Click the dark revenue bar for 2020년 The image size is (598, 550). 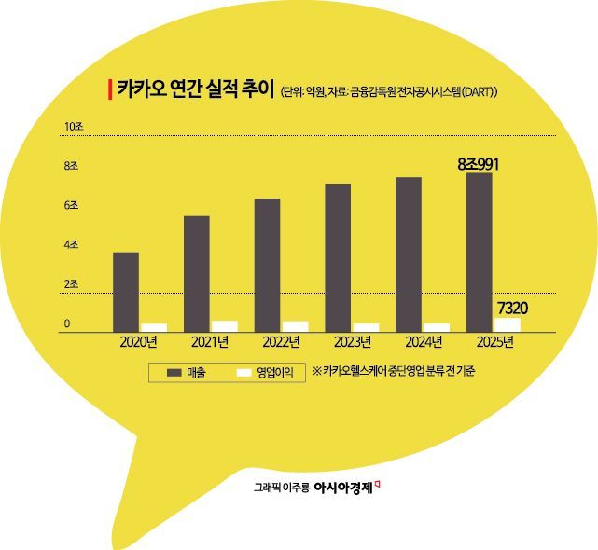(126, 291)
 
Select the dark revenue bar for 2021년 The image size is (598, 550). (196, 273)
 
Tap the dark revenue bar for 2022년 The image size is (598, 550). (267, 265)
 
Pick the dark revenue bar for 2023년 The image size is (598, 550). (338, 257)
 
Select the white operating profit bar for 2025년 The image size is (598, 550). (508, 324)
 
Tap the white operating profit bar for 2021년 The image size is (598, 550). (225, 325)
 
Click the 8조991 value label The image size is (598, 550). (479, 164)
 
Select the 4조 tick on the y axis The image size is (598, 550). (71, 244)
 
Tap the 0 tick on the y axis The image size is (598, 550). (67, 323)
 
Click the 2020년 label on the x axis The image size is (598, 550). (139, 342)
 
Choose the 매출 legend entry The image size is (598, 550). (187, 372)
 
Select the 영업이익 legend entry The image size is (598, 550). (265, 372)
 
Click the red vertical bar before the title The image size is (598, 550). (111, 89)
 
